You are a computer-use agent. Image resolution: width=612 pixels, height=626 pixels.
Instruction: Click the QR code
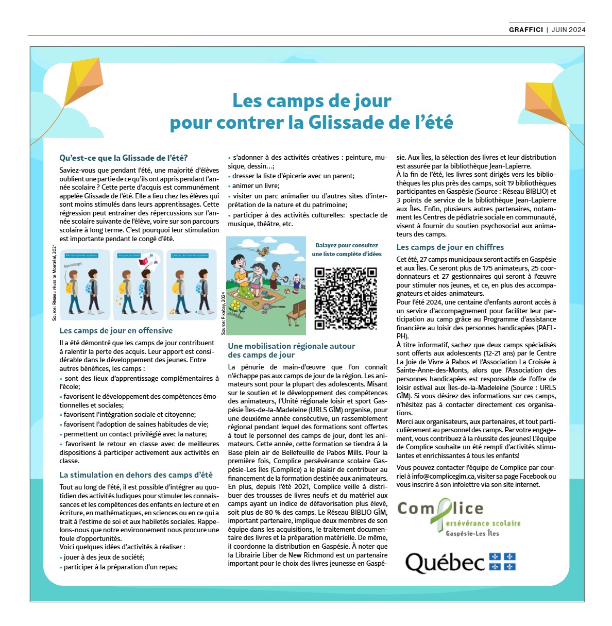(346, 298)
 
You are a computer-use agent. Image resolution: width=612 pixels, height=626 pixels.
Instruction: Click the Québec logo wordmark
(445, 563)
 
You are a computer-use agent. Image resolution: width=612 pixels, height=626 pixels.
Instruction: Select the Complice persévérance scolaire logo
(458, 518)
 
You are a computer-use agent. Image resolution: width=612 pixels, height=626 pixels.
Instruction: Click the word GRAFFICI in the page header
(525, 30)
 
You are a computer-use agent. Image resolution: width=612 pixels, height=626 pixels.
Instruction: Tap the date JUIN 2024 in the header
(568, 30)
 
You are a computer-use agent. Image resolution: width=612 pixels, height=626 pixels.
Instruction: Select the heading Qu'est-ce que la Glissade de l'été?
(124, 158)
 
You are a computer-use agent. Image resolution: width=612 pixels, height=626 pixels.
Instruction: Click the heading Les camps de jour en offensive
(116, 331)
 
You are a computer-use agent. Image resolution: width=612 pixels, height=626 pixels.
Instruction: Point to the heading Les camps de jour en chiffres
(450, 247)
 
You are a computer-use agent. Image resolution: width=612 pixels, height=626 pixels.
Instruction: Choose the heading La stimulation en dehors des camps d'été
(136, 475)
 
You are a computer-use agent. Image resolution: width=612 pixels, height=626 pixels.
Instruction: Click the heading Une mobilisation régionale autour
(292, 346)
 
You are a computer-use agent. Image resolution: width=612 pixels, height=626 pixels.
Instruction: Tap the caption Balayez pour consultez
(347, 245)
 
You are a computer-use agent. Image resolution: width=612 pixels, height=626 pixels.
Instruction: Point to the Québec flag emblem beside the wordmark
(502, 562)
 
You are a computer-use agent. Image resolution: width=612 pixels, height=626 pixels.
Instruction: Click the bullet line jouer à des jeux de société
(104, 557)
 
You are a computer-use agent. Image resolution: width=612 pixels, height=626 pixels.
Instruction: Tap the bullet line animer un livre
(256, 185)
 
